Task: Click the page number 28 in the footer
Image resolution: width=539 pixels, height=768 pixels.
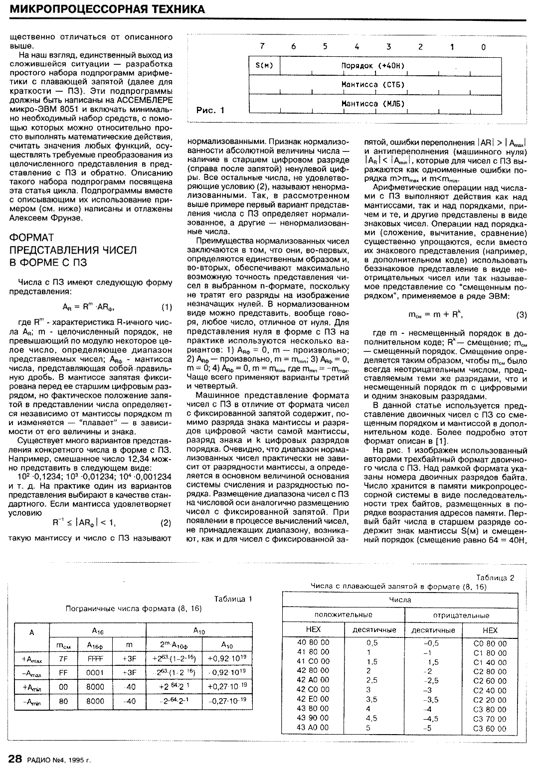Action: click(x=15, y=759)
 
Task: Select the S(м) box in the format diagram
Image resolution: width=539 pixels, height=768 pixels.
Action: click(x=264, y=66)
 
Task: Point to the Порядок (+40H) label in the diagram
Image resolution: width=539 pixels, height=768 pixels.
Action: click(x=372, y=66)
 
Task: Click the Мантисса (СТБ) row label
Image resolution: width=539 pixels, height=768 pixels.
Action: click(x=372, y=85)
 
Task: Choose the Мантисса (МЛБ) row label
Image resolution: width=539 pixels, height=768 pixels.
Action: click(x=372, y=104)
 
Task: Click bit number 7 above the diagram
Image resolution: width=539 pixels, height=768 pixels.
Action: click(x=262, y=47)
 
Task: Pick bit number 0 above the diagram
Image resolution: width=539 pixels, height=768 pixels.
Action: click(x=483, y=47)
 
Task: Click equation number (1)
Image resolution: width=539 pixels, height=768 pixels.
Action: click(x=167, y=307)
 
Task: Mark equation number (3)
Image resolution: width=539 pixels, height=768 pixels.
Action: click(x=521, y=314)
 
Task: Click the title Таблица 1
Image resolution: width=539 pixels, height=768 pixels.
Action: click(x=233, y=599)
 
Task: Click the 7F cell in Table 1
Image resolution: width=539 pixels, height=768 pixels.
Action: click(x=63, y=658)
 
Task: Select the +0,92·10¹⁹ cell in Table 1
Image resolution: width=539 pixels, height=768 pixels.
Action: click(x=227, y=658)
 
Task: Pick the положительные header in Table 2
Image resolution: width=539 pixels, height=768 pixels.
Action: click(x=343, y=614)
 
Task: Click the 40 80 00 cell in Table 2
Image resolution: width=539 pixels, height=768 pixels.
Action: click(x=313, y=643)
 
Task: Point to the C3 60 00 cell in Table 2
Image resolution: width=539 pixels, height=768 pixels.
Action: click(x=490, y=728)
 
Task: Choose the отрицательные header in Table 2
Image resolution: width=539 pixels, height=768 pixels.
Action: click(x=461, y=615)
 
